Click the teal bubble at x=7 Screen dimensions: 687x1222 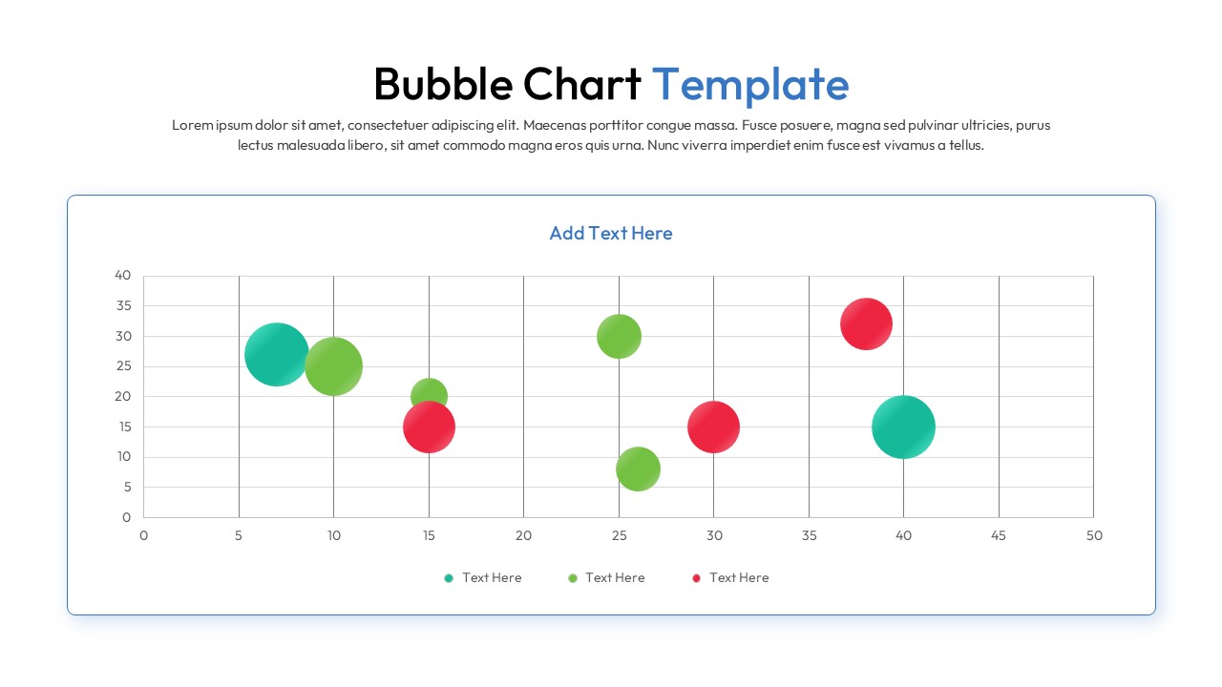[x=277, y=354]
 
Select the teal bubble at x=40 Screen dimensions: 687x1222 [x=903, y=427]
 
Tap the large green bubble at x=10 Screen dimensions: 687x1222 [x=333, y=365]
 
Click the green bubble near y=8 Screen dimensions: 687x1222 [x=638, y=468]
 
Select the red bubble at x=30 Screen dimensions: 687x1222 [x=713, y=427]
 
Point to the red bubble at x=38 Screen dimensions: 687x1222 [x=866, y=324]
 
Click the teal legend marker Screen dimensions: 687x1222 [x=449, y=578]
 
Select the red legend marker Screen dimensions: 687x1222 [x=696, y=578]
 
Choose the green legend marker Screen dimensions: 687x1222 [x=573, y=578]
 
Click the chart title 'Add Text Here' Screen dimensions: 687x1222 [x=611, y=233]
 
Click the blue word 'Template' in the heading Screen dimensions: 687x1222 [x=749, y=84]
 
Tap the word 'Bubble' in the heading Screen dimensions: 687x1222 [x=442, y=84]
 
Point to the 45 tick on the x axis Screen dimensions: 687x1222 [x=999, y=535]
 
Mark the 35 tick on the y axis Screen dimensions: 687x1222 [x=123, y=305]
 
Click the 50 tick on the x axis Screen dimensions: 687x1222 [x=1094, y=535]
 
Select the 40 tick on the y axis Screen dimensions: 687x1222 [x=123, y=275]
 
